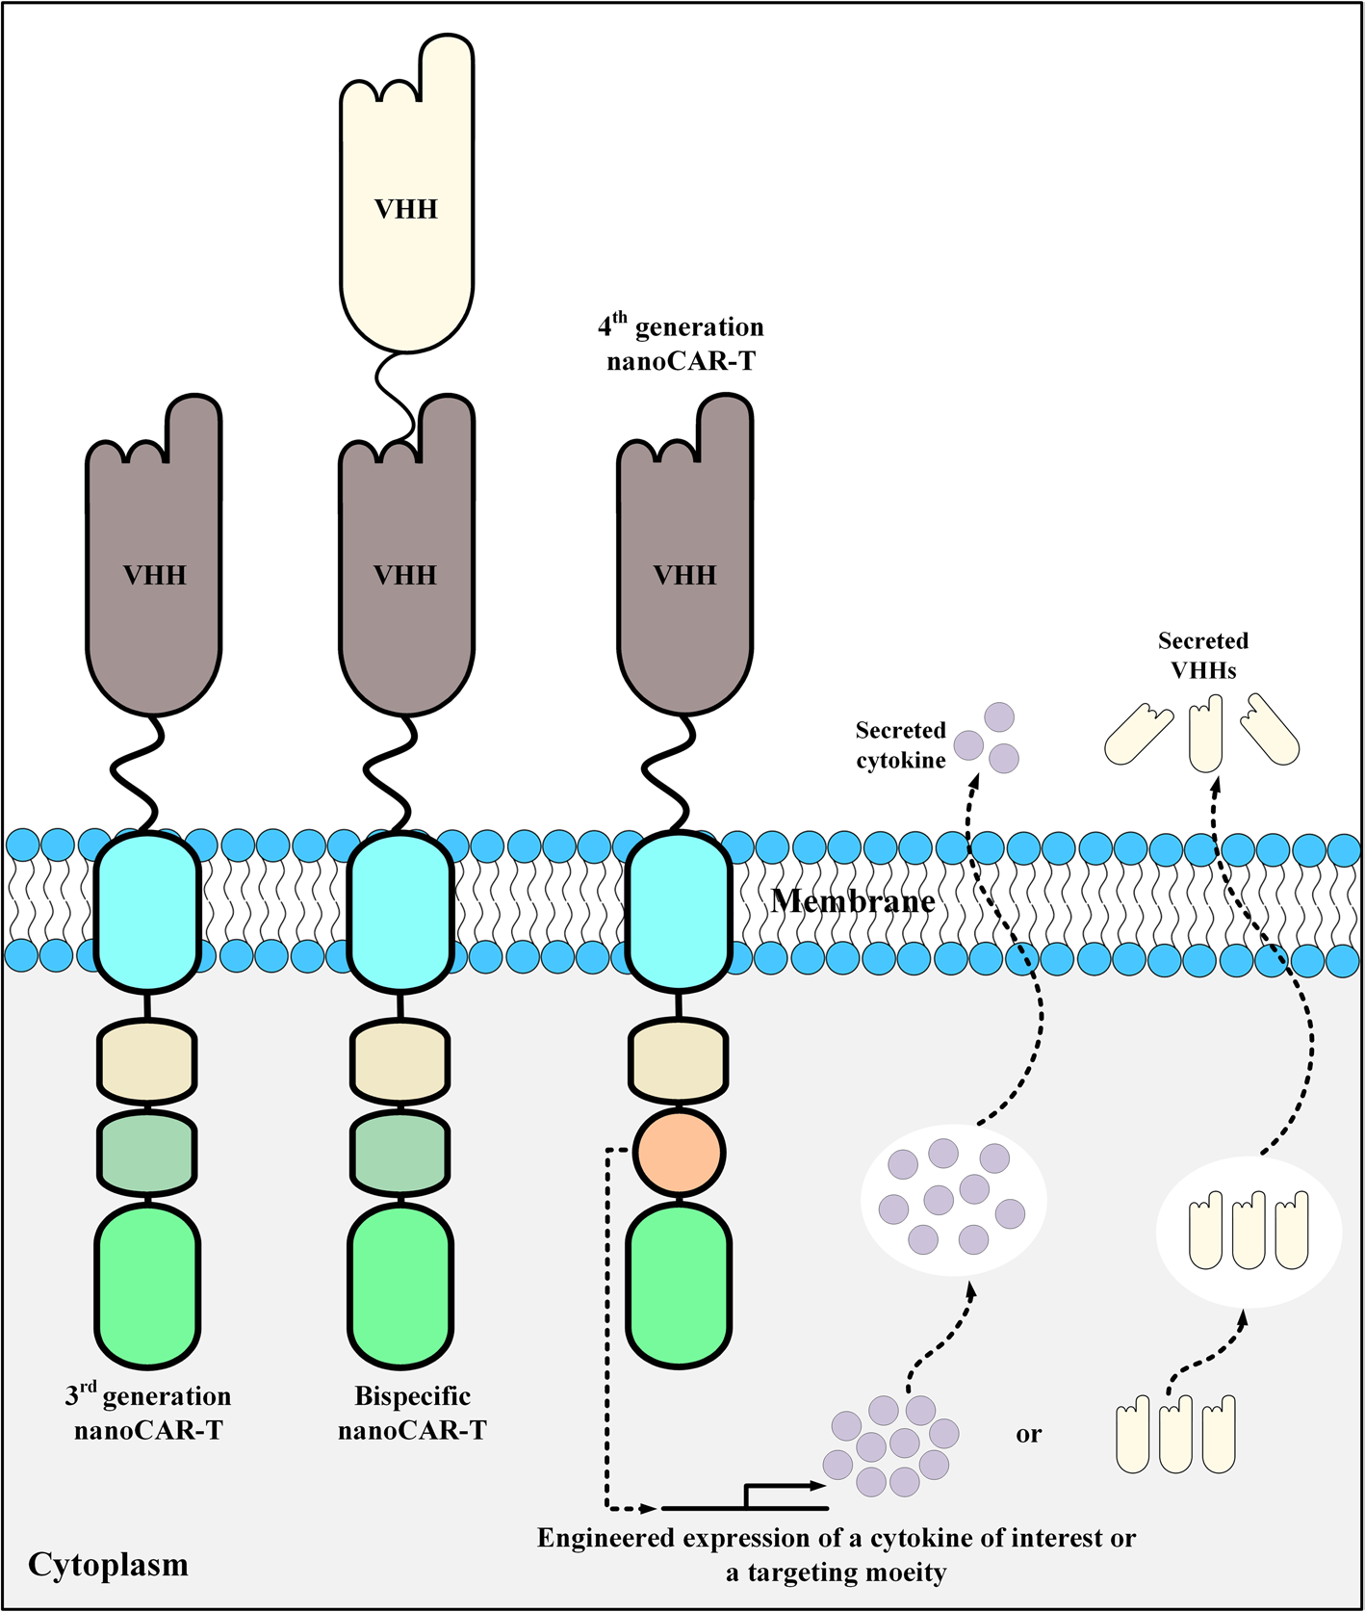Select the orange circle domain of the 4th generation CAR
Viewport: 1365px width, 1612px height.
(x=679, y=1152)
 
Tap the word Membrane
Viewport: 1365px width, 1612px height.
(x=853, y=901)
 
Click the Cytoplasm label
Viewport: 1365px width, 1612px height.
(x=108, y=1564)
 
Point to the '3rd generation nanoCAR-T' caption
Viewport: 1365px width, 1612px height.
(x=148, y=1413)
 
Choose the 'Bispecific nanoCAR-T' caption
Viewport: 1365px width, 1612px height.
(x=412, y=1413)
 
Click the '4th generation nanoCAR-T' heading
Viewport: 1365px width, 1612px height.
(x=681, y=344)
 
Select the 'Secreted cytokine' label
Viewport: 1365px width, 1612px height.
(x=901, y=745)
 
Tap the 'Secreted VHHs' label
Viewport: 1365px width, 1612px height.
(x=1202, y=655)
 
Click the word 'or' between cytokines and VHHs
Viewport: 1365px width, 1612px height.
(x=1028, y=1434)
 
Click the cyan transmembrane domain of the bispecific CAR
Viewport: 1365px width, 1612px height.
(x=400, y=911)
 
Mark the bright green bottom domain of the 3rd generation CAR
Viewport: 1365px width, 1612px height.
(x=148, y=1286)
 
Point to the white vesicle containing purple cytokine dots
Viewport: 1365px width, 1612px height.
(x=953, y=1200)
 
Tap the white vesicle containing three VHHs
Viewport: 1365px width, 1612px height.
(x=1249, y=1231)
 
